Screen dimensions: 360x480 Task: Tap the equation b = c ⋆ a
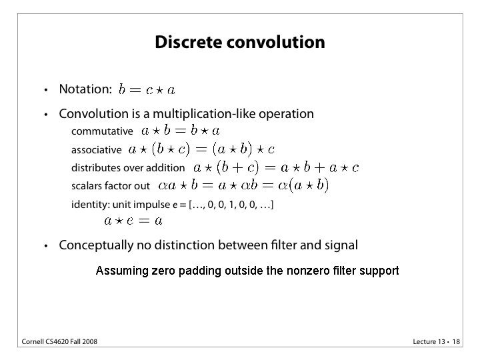[x=147, y=89]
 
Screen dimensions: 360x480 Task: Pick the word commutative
[x=102, y=131]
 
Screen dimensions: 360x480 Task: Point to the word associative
[x=97, y=150]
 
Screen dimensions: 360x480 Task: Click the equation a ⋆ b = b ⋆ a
[x=181, y=131]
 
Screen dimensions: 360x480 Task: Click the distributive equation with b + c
[x=275, y=167]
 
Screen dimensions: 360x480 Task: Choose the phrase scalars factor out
[x=111, y=186]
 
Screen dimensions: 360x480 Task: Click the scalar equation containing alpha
[x=243, y=185]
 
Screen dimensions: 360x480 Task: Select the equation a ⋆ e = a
[x=133, y=220]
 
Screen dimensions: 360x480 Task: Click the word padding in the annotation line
[x=200, y=271]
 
